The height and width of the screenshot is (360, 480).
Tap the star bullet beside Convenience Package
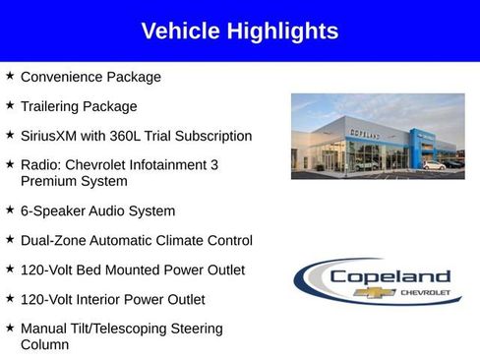[9, 76]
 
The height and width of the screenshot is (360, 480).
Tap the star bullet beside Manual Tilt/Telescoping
[9, 328]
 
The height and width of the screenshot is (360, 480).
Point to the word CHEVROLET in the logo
[425, 293]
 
